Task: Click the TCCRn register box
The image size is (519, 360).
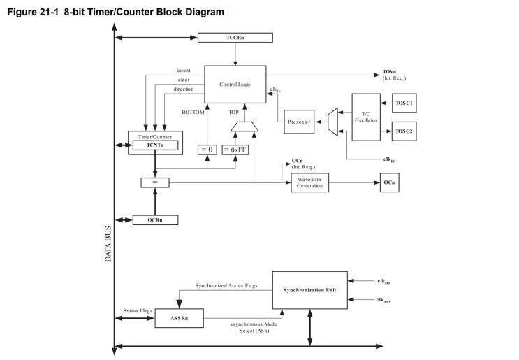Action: (x=235, y=37)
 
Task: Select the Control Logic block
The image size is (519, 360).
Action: (x=235, y=85)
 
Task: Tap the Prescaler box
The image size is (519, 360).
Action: (x=299, y=122)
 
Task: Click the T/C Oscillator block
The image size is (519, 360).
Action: (x=366, y=117)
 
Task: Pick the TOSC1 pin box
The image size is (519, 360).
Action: (x=404, y=103)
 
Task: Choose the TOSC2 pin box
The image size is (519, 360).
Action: (x=404, y=131)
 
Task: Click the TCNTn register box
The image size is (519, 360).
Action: (x=155, y=145)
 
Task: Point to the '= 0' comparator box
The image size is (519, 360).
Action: (x=207, y=150)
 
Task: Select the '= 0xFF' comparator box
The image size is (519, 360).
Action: (x=235, y=150)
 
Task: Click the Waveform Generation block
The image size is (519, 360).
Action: (x=309, y=182)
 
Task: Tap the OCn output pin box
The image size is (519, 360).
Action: (x=390, y=182)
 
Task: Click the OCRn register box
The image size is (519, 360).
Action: (x=155, y=220)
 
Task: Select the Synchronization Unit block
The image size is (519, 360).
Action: (x=309, y=290)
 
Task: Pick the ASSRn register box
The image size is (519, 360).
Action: (x=179, y=318)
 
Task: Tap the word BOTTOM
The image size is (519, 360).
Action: (x=193, y=112)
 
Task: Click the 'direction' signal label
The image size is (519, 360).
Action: (x=183, y=89)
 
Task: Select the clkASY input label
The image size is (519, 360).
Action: (x=383, y=300)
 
